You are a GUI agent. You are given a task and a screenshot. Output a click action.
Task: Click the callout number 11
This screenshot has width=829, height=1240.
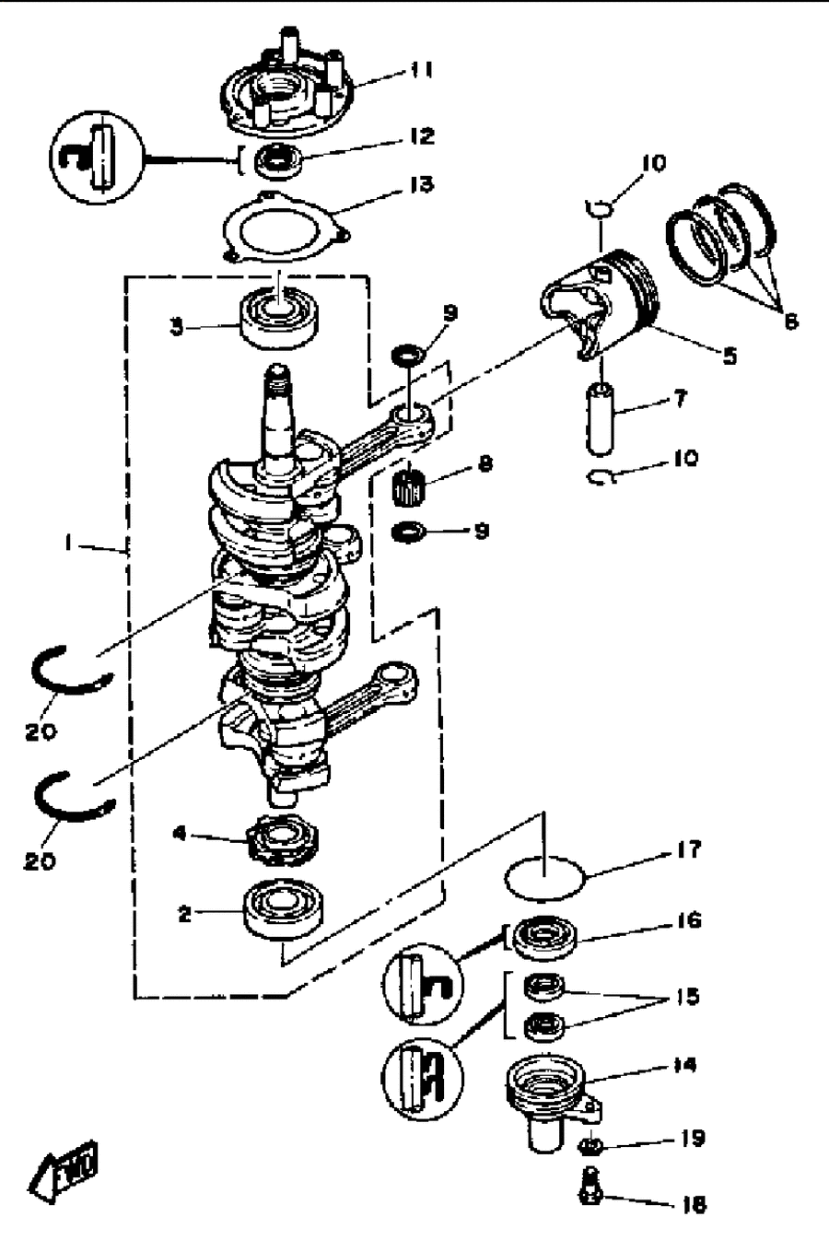click(421, 71)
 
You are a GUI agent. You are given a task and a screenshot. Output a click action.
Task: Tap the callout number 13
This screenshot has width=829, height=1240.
click(423, 184)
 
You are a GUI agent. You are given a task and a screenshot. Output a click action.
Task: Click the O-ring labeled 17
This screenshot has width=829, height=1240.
click(544, 878)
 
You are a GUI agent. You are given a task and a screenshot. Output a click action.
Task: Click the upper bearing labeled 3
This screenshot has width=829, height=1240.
click(279, 321)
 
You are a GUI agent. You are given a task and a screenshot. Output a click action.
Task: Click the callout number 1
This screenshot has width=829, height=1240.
click(67, 544)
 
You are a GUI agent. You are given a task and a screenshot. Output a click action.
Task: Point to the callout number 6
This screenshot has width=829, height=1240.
click(791, 322)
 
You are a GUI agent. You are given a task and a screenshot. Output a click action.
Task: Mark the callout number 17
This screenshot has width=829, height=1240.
click(688, 849)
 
